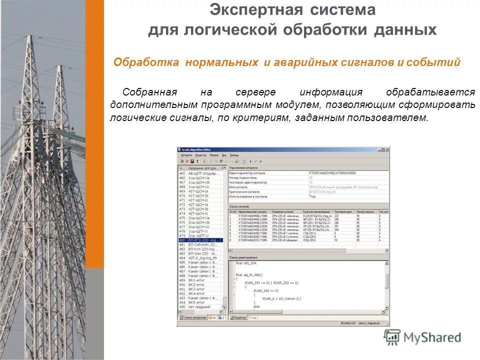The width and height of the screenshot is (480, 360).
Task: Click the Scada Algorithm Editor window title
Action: (x=196, y=149)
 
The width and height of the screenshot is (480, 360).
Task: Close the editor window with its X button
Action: (x=386, y=149)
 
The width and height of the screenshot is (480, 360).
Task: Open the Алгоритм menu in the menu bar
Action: (x=186, y=155)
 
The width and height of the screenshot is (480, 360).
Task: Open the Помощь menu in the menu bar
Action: (x=234, y=155)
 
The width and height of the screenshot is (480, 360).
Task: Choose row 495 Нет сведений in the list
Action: (x=200, y=306)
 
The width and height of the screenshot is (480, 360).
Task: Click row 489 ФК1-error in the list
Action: (x=197, y=280)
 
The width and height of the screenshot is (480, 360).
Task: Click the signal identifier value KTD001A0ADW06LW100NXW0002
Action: (x=332, y=173)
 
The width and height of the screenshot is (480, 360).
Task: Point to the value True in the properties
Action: (x=312, y=196)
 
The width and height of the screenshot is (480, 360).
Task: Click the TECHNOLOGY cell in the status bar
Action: (x=348, y=323)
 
